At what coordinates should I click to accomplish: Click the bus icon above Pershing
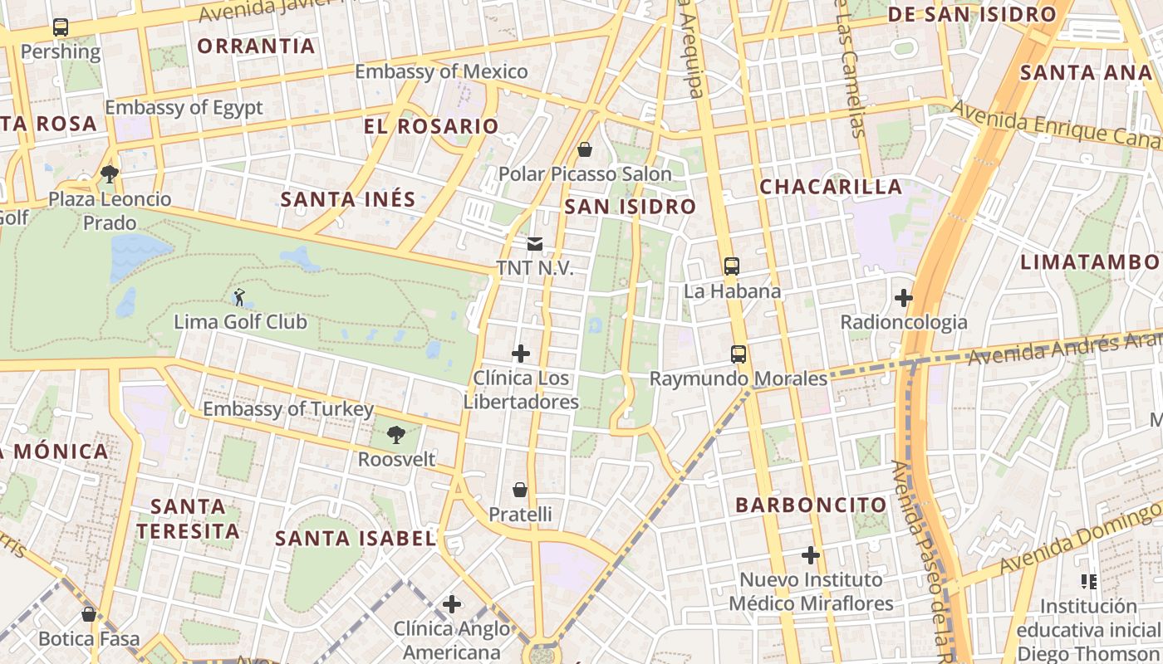click(x=61, y=27)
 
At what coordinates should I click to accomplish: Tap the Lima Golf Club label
click(x=240, y=322)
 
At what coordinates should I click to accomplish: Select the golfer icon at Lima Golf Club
click(x=240, y=296)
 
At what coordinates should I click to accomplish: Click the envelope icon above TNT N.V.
click(x=535, y=244)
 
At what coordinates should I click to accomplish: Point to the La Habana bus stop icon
click(x=732, y=266)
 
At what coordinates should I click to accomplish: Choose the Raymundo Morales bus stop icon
click(x=739, y=354)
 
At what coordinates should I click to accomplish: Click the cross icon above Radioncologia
click(x=904, y=297)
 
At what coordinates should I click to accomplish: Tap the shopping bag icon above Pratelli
click(x=520, y=490)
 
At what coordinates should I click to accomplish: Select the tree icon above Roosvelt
click(x=396, y=434)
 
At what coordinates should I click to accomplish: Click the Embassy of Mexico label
click(x=441, y=71)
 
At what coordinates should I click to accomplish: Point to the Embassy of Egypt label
click(x=184, y=107)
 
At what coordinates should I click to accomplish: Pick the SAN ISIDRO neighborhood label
click(x=630, y=207)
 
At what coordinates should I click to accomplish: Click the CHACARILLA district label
click(x=831, y=187)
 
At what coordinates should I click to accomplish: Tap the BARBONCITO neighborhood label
click(x=812, y=505)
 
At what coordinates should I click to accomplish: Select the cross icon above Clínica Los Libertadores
click(x=521, y=354)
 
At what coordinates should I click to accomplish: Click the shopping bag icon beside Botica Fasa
click(x=89, y=614)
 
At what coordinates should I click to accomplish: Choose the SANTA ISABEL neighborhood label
click(x=356, y=539)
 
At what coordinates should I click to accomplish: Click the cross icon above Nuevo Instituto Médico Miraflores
click(x=811, y=554)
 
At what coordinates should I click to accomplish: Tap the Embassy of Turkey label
click(x=288, y=409)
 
